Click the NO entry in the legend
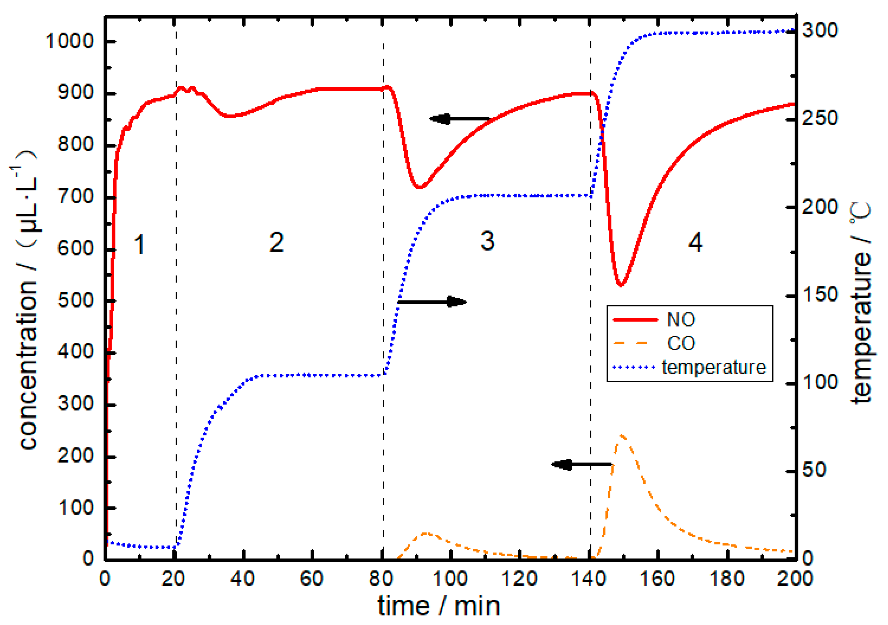click(681, 320)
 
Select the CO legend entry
click(681, 343)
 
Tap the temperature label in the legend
click(714, 367)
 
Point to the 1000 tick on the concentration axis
click(70, 40)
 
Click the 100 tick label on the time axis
click(450, 579)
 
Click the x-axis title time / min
click(439, 606)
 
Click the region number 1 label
click(139, 244)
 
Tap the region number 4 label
click(695, 242)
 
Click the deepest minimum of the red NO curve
click(621, 285)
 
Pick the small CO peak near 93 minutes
click(425, 534)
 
